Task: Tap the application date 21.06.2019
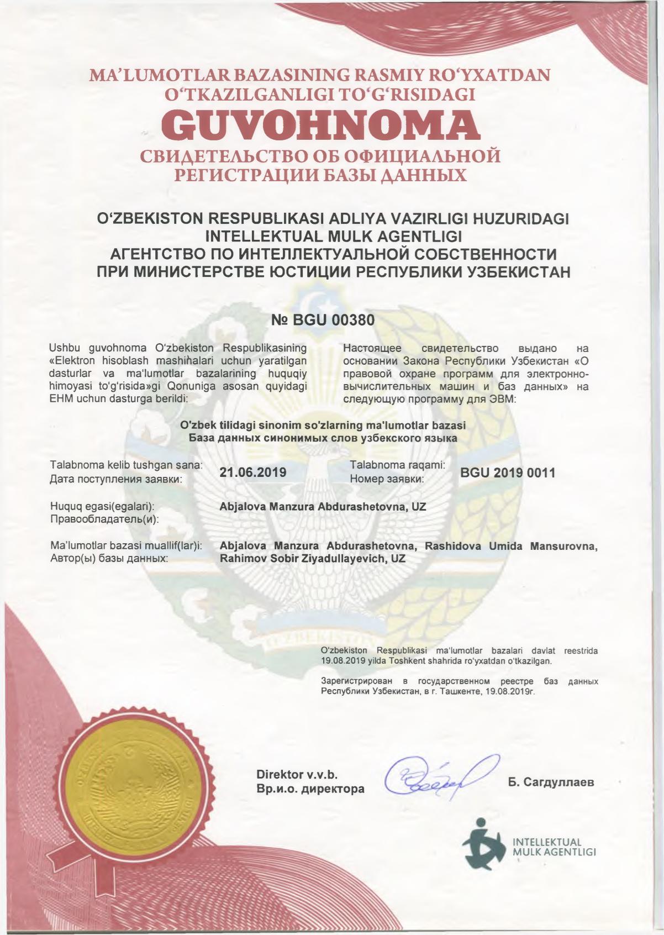click(253, 472)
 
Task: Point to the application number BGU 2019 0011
click(508, 472)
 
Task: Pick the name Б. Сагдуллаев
click(551, 782)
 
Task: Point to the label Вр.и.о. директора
click(310, 789)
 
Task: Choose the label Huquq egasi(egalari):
click(102, 506)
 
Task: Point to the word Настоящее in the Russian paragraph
click(373, 349)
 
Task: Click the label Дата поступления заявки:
click(116, 479)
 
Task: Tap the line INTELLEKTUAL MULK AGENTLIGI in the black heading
click(333, 236)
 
